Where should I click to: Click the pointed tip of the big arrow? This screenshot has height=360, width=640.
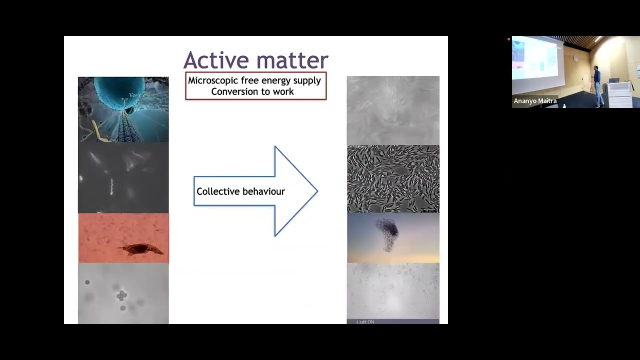316,191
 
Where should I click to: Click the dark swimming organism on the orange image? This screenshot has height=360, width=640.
142,248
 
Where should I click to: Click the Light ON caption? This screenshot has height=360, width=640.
365,322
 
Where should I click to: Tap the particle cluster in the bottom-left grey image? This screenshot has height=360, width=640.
121,296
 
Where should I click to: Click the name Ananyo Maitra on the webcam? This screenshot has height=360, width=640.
535,101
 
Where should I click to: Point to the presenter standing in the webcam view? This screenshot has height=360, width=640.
597,85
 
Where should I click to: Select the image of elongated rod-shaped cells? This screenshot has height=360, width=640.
393,178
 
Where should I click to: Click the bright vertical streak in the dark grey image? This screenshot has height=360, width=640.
111,186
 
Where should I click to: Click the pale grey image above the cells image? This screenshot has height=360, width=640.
393,110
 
